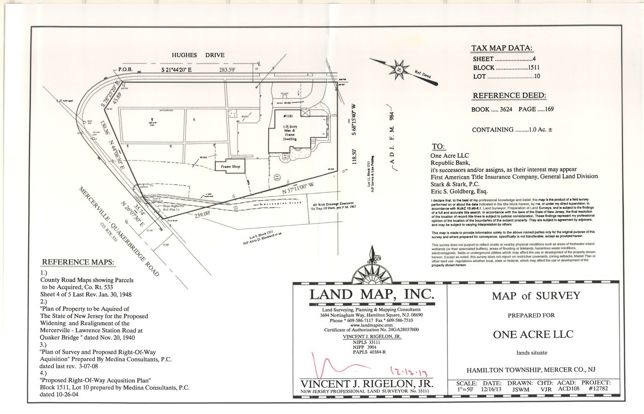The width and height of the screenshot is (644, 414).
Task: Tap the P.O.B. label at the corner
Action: pyautogui.click(x=125, y=69)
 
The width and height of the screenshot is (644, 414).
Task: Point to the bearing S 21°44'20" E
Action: pyautogui.click(x=183, y=69)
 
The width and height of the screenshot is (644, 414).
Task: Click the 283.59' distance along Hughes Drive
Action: pyautogui.click(x=228, y=70)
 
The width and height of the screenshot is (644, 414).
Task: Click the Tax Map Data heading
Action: pyautogui.click(x=502, y=48)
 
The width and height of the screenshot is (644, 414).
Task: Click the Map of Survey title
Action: pyautogui.click(x=536, y=296)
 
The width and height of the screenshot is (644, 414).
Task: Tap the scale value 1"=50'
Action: pyautogui.click(x=467, y=389)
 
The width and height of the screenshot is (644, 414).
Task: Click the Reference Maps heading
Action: pyautogui.click(x=78, y=263)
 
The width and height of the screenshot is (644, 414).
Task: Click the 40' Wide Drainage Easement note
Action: pyautogui.click(x=334, y=207)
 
